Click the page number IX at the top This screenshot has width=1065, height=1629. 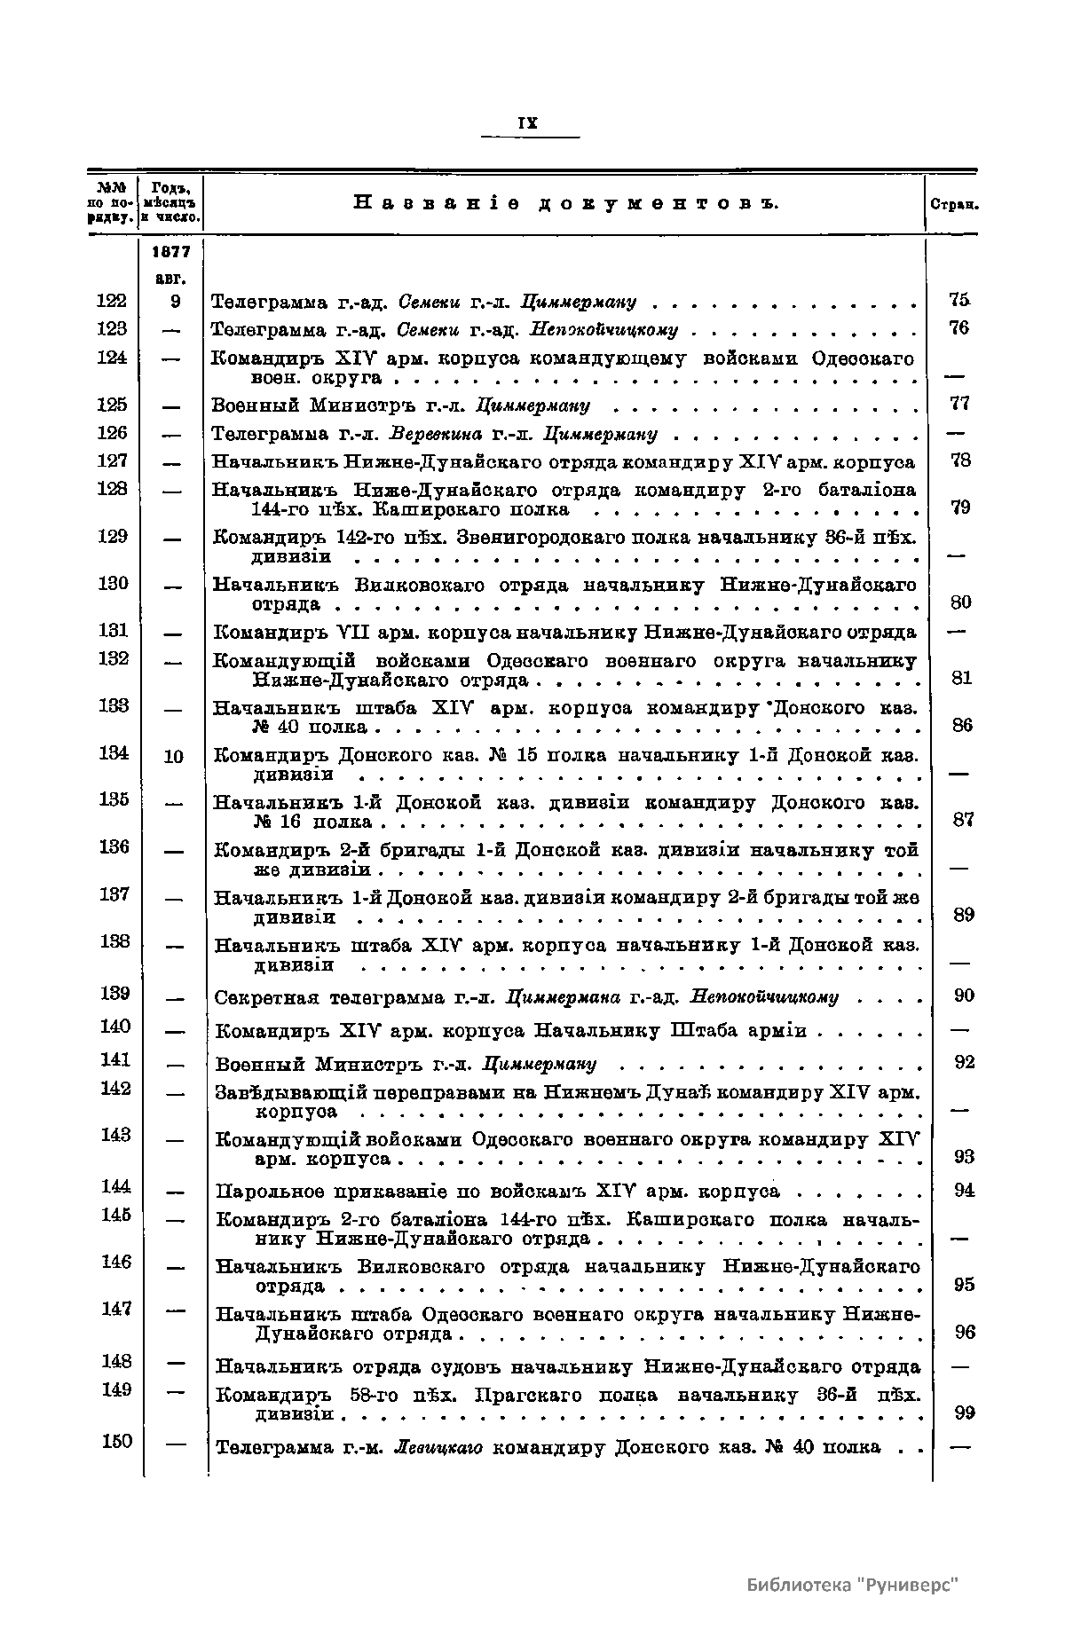[528, 124]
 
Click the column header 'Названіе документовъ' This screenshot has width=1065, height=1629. [565, 203]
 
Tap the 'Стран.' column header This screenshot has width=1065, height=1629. [954, 204]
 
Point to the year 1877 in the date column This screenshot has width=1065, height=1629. [173, 252]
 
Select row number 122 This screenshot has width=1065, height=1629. [112, 301]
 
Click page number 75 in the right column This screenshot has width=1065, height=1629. [958, 300]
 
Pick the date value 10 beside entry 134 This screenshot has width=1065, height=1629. [174, 756]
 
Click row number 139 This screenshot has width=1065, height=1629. [115, 993]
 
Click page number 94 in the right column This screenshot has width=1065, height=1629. [964, 1190]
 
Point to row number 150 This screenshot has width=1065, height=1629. [116, 1441]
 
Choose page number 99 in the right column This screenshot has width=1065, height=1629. [964, 1413]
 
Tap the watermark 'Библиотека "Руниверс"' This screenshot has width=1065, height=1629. [853, 1585]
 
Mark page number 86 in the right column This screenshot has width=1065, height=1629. [962, 725]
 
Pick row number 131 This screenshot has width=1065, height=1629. [113, 630]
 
